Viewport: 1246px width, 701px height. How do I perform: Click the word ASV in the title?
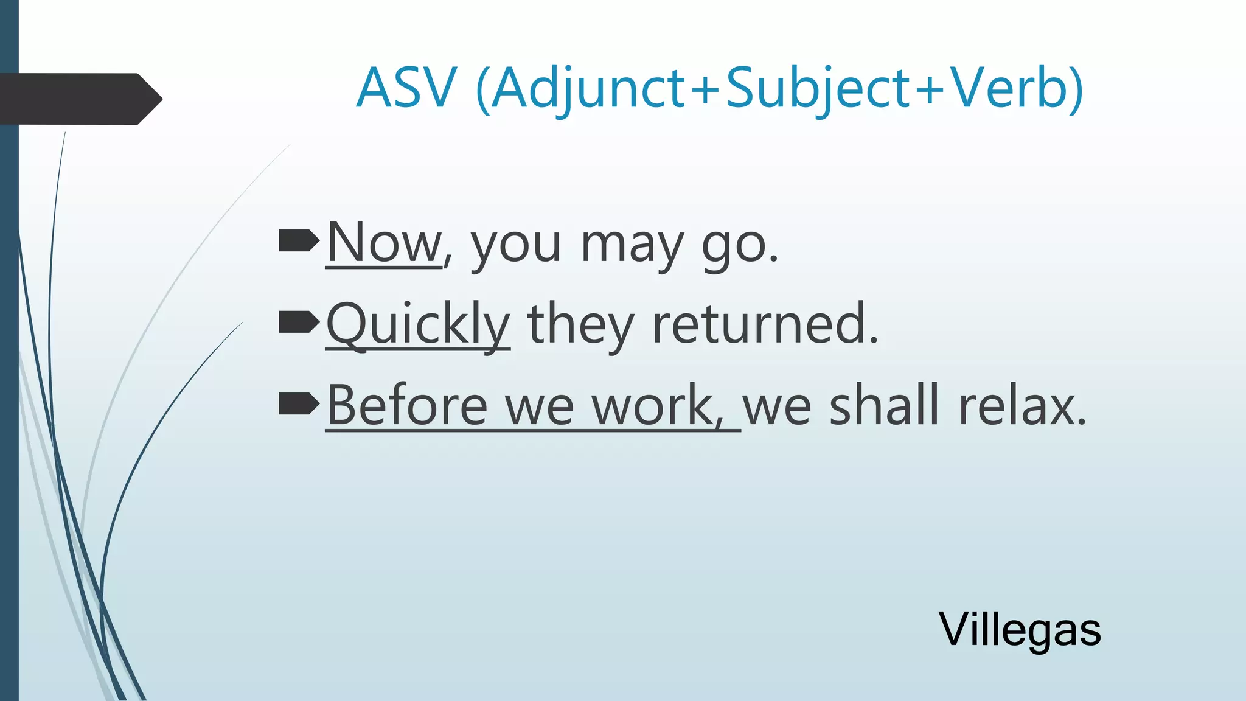pos(406,88)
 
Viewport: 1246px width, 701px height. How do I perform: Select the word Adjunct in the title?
pos(588,88)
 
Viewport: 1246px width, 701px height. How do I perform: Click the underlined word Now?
pos(384,243)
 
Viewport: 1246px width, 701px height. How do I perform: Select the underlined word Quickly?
pos(418,324)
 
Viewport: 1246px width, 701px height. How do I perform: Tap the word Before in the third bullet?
pos(407,405)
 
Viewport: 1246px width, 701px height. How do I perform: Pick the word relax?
pos(1022,405)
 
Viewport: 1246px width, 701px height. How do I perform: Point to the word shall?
pos(886,405)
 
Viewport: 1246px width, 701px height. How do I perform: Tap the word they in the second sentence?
pos(580,324)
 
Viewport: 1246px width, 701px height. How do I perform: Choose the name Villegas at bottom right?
pos(1020,630)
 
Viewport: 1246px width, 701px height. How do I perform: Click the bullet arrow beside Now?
pos(298,241)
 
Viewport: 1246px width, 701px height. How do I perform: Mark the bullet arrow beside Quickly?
pos(298,322)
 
